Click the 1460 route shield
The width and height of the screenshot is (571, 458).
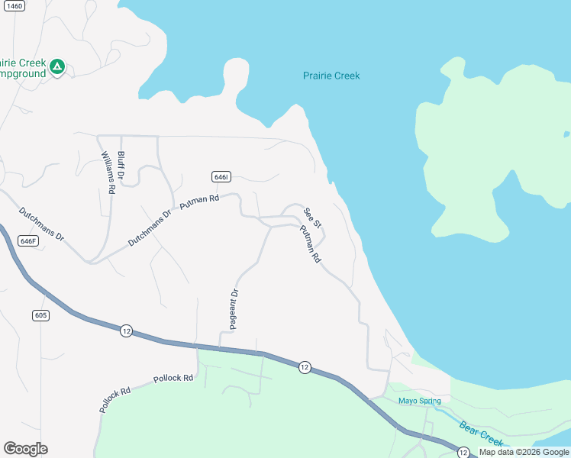pos(14,5)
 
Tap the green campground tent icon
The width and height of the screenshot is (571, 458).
pos(56,67)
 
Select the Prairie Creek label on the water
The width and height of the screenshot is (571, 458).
pos(331,76)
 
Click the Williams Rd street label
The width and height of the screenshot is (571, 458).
pos(108,172)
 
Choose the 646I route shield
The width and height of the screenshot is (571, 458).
pos(221,176)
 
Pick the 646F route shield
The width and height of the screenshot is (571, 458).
pos(27,240)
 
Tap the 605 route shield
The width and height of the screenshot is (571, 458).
pos(41,315)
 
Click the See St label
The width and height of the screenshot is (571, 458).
pos(312,218)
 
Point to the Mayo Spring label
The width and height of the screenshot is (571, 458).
pos(419,401)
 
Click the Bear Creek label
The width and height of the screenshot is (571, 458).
pos(482,432)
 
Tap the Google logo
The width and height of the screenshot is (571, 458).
pos(25,449)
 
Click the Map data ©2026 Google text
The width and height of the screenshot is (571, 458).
pos(524,452)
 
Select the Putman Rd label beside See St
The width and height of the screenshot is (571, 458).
pos(310,244)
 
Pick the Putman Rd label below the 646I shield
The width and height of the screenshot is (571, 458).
pos(199,202)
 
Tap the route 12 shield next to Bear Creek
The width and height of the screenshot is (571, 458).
pos(463,453)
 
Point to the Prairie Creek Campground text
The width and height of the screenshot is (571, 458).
pos(22,68)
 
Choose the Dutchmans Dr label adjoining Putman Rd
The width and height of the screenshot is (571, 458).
pos(150,228)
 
